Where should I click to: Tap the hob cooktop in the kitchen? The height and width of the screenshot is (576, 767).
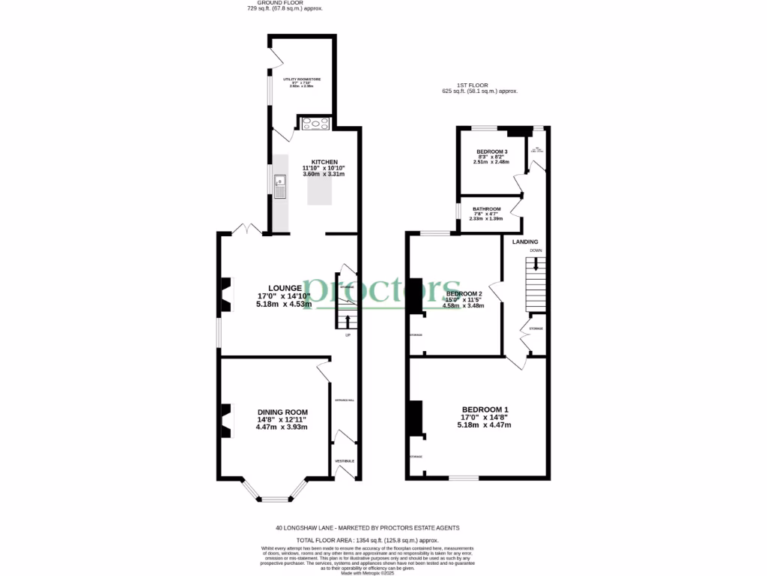[x=315, y=124]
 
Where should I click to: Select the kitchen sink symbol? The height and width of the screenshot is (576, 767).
[x=279, y=184]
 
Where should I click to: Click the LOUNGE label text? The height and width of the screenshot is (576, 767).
[x=285, y=288]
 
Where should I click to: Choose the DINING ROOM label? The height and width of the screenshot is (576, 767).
[x=282, y=412]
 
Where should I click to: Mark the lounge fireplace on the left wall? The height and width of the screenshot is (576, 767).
[x=225, y=295]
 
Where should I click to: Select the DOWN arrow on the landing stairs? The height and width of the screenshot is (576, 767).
[x=535, y=264]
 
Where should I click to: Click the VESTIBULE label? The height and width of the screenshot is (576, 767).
[x=345, y=460]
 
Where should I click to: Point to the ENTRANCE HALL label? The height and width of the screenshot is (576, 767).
[x=345, y=400]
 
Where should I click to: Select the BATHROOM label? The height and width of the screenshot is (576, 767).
[x=486, y=209]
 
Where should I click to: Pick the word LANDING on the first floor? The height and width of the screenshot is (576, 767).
[x=525, y=241]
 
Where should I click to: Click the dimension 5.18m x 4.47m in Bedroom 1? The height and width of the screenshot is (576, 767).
[x=484, y=425]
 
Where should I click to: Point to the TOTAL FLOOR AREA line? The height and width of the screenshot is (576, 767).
[x=367, y=540]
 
